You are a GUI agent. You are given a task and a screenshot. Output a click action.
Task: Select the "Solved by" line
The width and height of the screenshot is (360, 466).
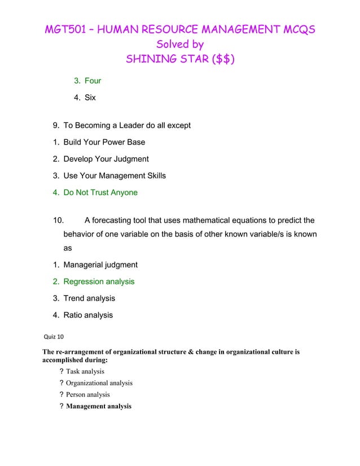[x=179, y=44]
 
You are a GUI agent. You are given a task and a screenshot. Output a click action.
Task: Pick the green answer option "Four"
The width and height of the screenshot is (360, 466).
[x=93, y=81]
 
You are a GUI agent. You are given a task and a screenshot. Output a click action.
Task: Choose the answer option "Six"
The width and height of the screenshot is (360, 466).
[x=90, y=98]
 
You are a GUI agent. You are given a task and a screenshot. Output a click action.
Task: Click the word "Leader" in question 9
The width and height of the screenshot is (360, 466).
[x=130, y=125]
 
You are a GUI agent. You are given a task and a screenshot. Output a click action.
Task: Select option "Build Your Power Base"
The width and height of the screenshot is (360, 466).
[x=104, y=142]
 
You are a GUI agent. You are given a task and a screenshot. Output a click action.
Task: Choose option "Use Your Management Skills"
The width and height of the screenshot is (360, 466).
[x=115, y=175]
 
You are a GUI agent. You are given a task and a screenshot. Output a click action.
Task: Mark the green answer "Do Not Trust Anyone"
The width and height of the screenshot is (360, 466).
[x=100, y=192]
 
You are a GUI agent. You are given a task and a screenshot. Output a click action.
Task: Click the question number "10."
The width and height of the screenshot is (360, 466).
[x=59, y=220]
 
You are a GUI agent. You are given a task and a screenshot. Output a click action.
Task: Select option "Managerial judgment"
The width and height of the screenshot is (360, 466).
[x=100, y=265]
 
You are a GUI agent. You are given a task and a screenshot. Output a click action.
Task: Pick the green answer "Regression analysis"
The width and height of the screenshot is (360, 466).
[x=99, y=282]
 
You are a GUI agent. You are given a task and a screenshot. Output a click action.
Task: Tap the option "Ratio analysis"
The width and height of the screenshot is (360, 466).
[x=88, y=315]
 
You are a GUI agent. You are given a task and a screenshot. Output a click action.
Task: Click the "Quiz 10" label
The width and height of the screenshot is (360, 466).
[x=54, y=337]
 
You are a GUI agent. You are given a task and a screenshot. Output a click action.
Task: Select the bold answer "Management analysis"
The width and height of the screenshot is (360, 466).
[x=98, y=406]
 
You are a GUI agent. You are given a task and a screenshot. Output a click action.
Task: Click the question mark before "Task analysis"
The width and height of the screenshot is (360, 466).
[x=61, y=371]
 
